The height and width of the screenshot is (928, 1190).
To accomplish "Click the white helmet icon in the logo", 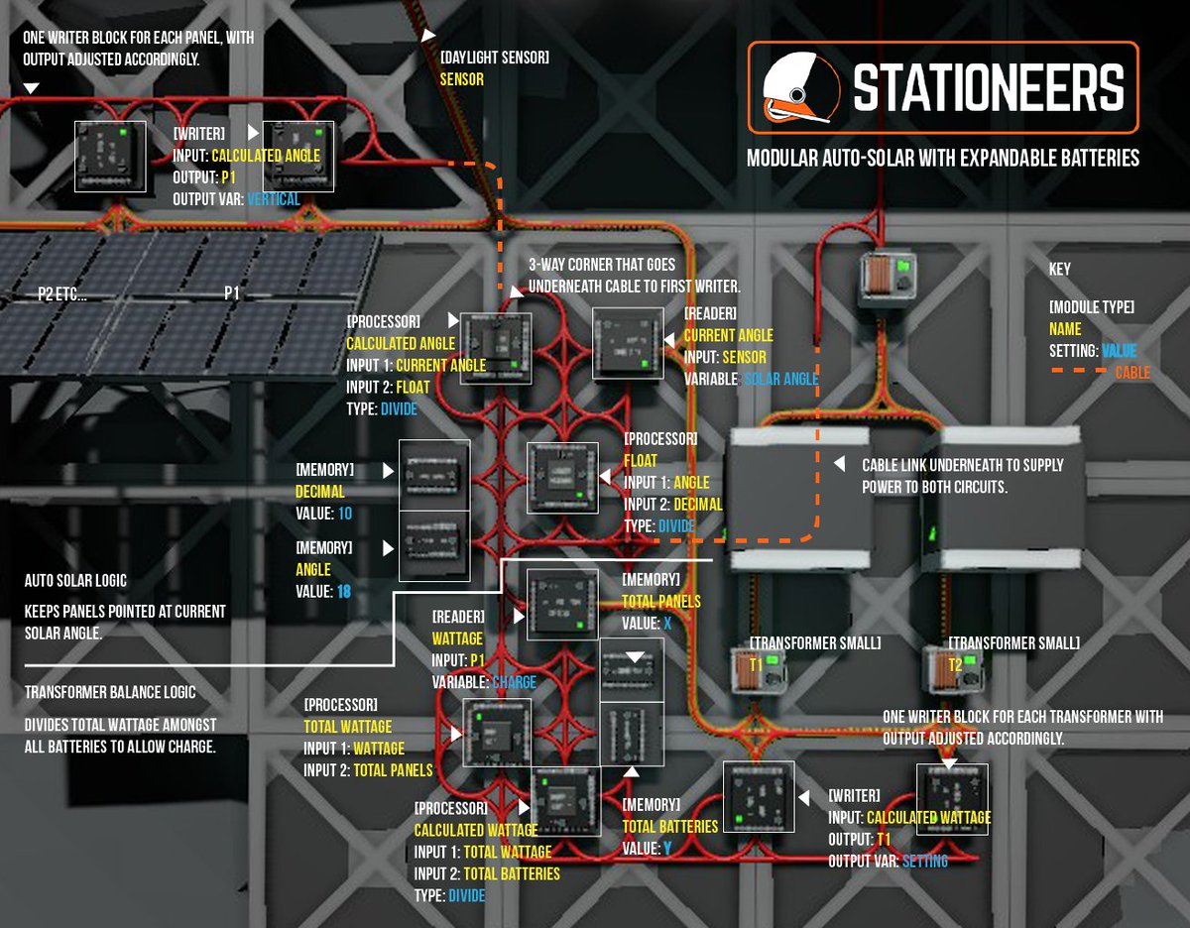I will click(798, 87).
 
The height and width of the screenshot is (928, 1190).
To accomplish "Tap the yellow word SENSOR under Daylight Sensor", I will click(462, 79).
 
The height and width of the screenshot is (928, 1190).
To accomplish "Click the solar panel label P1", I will click(232, 293).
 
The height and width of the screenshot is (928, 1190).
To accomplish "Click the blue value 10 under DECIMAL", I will click(344, 514).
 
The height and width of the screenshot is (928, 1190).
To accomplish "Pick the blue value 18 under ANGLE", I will click(344, 592).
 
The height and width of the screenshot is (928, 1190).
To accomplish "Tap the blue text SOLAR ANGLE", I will click(780, 380).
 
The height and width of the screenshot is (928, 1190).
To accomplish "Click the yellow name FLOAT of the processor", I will click(641, 460).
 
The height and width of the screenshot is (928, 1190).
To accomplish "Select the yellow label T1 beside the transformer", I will click(757, 665).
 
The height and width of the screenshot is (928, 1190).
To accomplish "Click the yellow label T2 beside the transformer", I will click(955, 665).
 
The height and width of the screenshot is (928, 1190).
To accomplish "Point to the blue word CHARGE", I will click(514, 682).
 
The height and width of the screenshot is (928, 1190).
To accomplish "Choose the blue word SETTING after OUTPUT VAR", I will click(924, 861).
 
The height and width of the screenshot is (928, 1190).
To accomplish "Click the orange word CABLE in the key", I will click(1133, 373).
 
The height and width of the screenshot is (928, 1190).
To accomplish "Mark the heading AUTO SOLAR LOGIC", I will click(75, 580).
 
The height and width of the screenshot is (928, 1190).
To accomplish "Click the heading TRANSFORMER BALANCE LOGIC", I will click(110, 692).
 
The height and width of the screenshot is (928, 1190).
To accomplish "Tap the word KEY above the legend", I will click(1060, 269).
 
